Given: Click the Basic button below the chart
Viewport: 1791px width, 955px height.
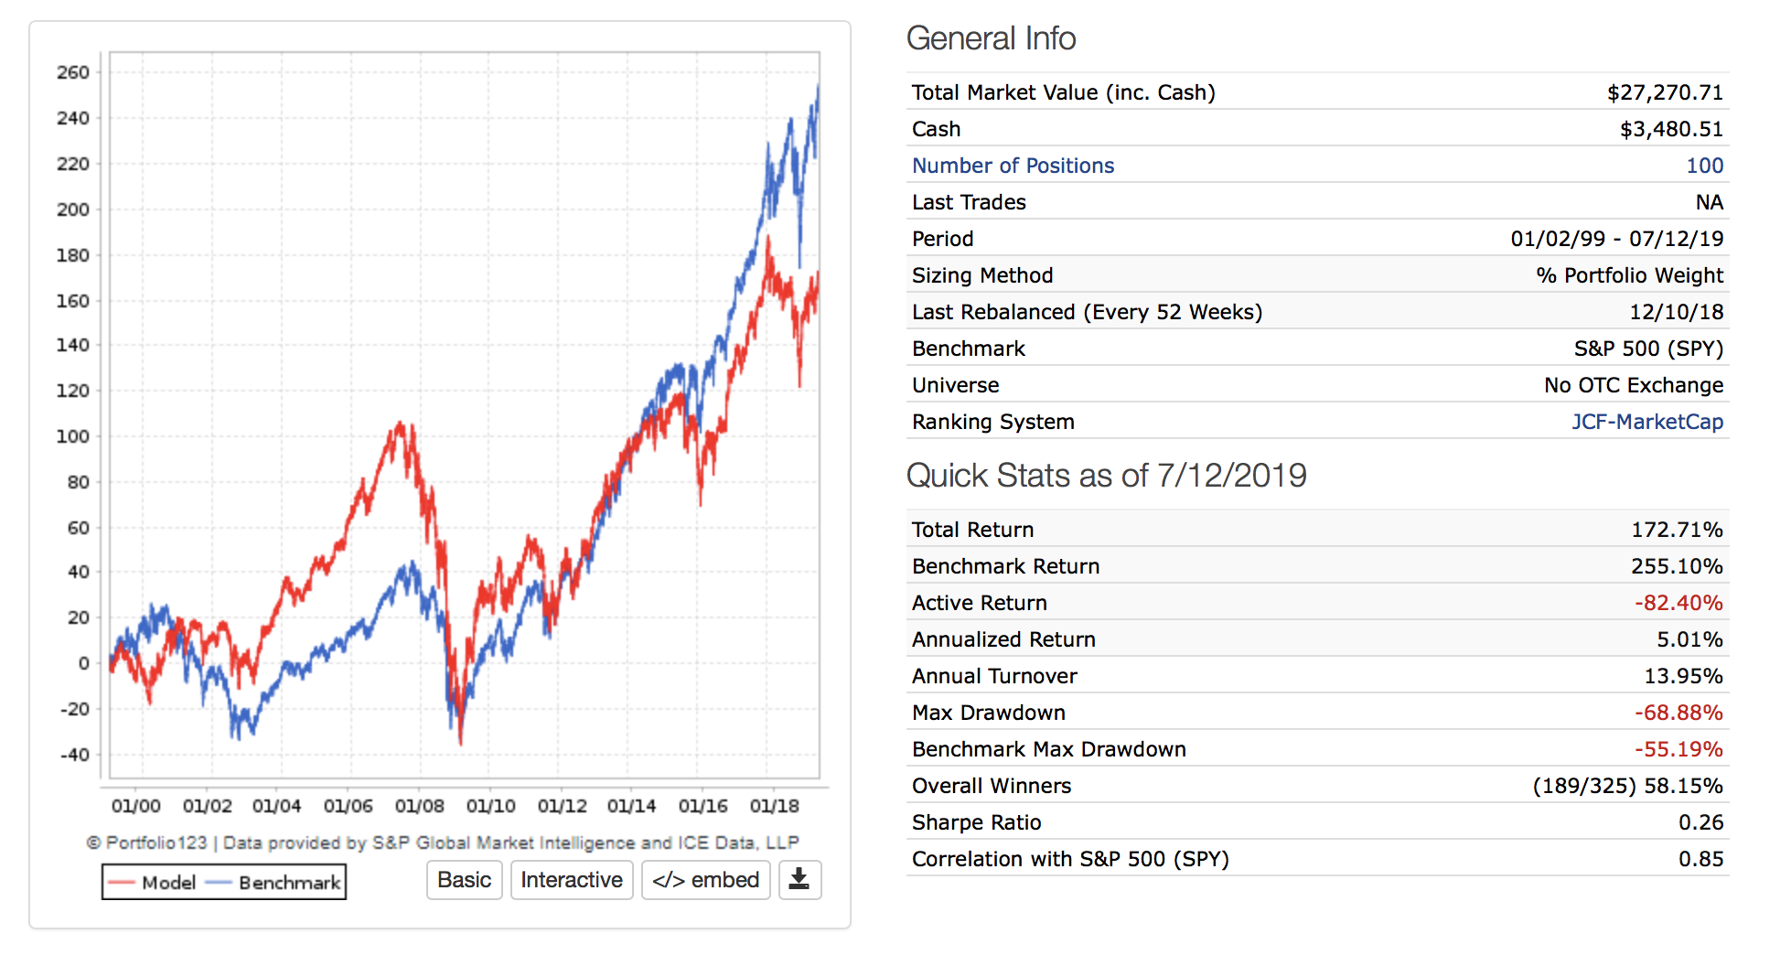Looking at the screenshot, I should pos(464,880).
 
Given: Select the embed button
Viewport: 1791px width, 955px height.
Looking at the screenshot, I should pos(705,880).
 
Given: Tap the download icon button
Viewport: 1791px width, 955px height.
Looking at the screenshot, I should pos(799,880).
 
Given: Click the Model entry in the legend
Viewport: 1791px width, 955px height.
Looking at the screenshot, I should pos(153,883).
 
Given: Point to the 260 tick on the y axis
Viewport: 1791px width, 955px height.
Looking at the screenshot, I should pos(73,72).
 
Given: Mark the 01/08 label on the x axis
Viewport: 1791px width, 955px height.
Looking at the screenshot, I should pos(420,806).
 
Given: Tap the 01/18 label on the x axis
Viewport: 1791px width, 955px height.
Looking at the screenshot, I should pos(775,806).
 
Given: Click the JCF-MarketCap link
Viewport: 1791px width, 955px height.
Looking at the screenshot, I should pos(1646,422).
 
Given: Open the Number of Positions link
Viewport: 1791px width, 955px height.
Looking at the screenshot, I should pos(1013,166).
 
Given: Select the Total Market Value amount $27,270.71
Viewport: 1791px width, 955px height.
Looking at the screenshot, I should pos(1665,92).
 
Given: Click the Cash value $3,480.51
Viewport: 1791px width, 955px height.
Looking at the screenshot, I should pos(1671,129).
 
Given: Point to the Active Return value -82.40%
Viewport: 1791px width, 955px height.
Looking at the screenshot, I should pos(1678,603).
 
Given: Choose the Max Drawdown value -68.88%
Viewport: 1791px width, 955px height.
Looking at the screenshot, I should pos(1678,713).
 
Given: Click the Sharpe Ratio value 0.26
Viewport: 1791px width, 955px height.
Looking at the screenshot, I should pos(1700,822).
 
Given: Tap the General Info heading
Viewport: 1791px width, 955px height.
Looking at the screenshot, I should pos(991,38).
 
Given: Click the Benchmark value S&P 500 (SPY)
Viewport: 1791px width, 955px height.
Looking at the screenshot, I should pos(1648,349).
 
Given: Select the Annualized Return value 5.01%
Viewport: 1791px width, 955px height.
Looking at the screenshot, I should pos(1689,639).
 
